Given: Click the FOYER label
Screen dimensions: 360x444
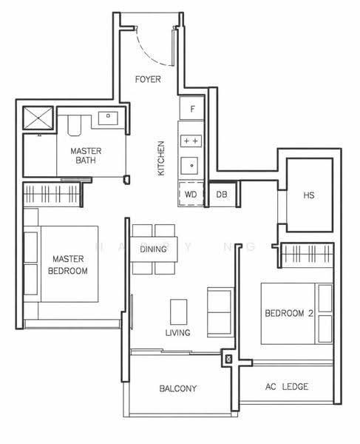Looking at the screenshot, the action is click(148, 79).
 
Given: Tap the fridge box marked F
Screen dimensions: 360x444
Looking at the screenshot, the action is click(192, 108).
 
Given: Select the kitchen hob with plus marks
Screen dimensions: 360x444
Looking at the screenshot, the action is click(191, 141).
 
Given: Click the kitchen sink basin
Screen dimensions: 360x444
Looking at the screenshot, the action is click(189, 166).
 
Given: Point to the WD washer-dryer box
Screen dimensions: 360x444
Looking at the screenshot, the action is click(191, 194).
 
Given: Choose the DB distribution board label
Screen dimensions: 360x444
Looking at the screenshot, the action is click(222, 194).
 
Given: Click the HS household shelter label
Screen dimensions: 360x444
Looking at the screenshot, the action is click(308, 195).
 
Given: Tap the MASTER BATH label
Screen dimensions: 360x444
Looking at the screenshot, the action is click(86, 155).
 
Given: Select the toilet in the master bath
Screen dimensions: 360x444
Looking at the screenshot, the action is click(75, 126).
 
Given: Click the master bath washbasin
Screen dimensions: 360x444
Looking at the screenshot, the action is click(108, 118).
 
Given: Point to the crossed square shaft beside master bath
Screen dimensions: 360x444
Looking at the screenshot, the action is click(38, 118).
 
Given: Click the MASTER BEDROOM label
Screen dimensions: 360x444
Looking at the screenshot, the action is click(68, 265).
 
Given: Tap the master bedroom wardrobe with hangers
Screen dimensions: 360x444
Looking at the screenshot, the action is click(52, 194).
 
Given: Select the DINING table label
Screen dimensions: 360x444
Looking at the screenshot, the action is click(153, 249).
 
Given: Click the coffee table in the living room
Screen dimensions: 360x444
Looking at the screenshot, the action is click(178, 312).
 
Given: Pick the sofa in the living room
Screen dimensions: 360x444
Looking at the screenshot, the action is click(220, 312).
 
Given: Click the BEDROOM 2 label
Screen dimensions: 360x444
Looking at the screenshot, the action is click(289, 313).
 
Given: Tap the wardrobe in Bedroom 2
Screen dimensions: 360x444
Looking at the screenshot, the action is click(307, 254).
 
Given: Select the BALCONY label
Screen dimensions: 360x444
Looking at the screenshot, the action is click(178, 388).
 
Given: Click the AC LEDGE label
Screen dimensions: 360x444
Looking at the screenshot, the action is click(287, 386).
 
